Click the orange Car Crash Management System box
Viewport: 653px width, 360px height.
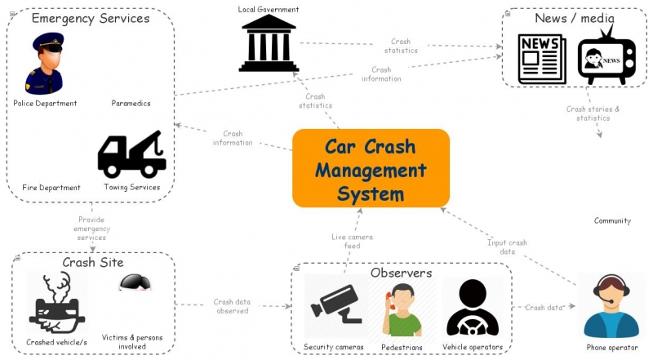pyautogui.click(x=371, y=169)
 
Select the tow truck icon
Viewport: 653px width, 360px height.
pyautogui.click(x=131, y=155)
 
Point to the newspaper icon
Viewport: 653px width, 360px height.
pyautogui.click(x=541, y=59)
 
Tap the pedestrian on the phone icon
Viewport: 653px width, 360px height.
pyautogui.click(x=401, y=311)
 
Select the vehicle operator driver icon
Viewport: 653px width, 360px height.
pyautogui.click(x=472, y=309)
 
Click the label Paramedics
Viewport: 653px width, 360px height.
pyautogui.click(x=131, y=104)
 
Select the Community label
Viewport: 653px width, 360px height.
pyautogui.click(x=612, y=221)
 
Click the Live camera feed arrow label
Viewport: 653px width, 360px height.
pyautogui.click(x=352, y=242)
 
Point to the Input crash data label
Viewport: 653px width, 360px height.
pyautogui.click(x=507, y=247)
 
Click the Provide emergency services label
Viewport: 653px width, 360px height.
pyautogui.click(x=91, y=229)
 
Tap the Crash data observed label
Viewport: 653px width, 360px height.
pyautogui.click(x=232, y=306)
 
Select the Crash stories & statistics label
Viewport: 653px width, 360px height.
pyautogui.click(x=593, y=113)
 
